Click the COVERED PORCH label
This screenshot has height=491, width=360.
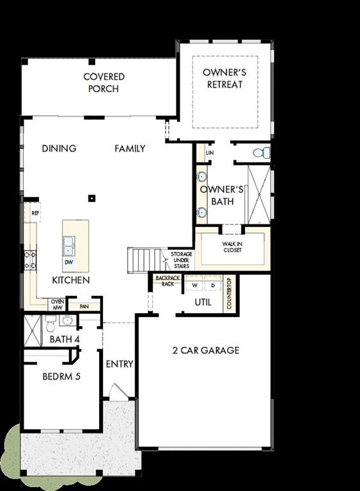(x=104, y=83)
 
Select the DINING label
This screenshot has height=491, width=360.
(x=59, y=148)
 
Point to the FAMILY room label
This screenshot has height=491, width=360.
(x=130, y=148)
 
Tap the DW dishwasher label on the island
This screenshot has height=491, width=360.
(x=68, y=262)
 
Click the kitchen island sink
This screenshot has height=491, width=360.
(x=68, y=244)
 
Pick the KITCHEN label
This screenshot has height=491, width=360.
(x=70, y=280)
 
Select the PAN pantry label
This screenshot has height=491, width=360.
(x=84, y=306)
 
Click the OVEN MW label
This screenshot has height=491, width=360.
(x=57, y=304)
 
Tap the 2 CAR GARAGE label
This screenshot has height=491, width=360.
(x=205, y=350)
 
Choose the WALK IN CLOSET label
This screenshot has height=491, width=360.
(x=232, y=247)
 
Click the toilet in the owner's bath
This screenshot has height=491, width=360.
(x=259, y=153)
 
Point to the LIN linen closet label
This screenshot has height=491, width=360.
(x=209, y=153)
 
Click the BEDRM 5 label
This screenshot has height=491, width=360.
(x=61, y=377)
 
